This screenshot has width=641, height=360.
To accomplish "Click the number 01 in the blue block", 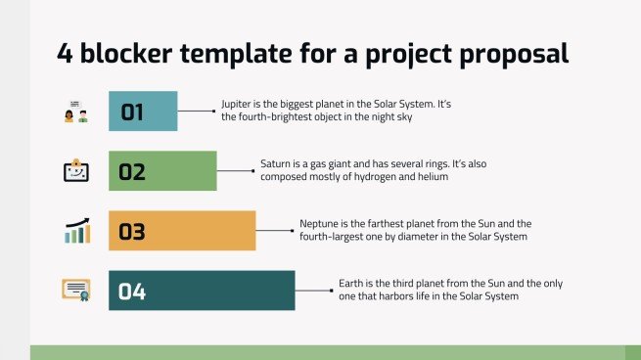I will coord(132,112).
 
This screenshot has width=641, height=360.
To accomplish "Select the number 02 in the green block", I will coord(132,173).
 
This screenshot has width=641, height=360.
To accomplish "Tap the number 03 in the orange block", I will coord(132,233).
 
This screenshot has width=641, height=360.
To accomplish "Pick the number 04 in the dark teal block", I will coord(132,292).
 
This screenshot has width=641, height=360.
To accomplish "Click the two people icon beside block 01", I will coord(75,112).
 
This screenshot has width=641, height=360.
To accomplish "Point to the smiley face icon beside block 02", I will coord(76,171).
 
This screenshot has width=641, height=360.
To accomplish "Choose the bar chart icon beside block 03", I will coord(76,231).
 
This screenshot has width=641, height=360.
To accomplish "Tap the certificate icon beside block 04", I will coord(76,290).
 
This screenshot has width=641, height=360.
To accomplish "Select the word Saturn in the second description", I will coord(276,163).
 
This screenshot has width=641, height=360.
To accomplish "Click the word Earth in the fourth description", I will coord(350,283).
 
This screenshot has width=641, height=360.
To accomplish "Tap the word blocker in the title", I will coord(127,54).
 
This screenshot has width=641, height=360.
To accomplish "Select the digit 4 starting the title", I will coord(65,54).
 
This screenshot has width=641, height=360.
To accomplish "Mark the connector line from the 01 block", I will coord(196,112).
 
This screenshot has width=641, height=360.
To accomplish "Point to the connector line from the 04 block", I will coord(313,291).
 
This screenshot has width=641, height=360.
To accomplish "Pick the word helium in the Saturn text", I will coord(432,177).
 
